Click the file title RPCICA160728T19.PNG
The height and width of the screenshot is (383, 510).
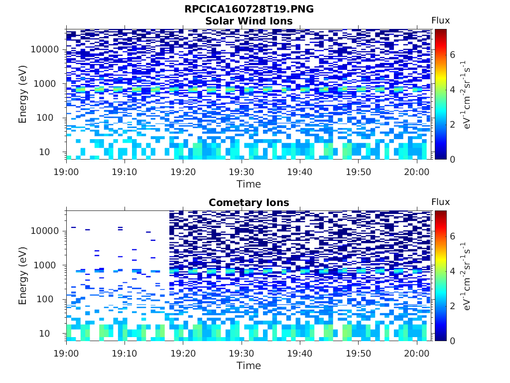pyautogui.click(x=249, y=9)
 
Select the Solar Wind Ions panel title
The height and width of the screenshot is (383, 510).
pyautogui.click(x=249, y=21)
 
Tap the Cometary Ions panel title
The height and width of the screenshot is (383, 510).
pyautogui.click(x=249, y=202)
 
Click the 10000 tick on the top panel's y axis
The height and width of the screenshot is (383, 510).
pyautogui.click(x=45, y=49)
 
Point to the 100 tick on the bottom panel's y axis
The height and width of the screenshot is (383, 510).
pyautogui.click(x=52, y=299)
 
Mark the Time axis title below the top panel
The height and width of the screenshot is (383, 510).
pyautogui.click(x=249, y=184)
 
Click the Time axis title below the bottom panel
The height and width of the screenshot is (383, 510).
pyautogui.click(x=249, y=366)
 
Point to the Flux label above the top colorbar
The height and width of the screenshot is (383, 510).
pyautogui.click(x=440, y=20)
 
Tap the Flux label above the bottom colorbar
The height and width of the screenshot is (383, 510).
pyautogui.click(x=440, y=202)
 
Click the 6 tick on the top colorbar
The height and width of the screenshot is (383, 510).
pyautogui.click(x=453, y=54)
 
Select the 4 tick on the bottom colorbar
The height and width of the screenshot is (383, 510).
pyautogui.click(x=453, y=271)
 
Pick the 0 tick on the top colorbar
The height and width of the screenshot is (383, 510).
pyautogui.click(x=453, y=159)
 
